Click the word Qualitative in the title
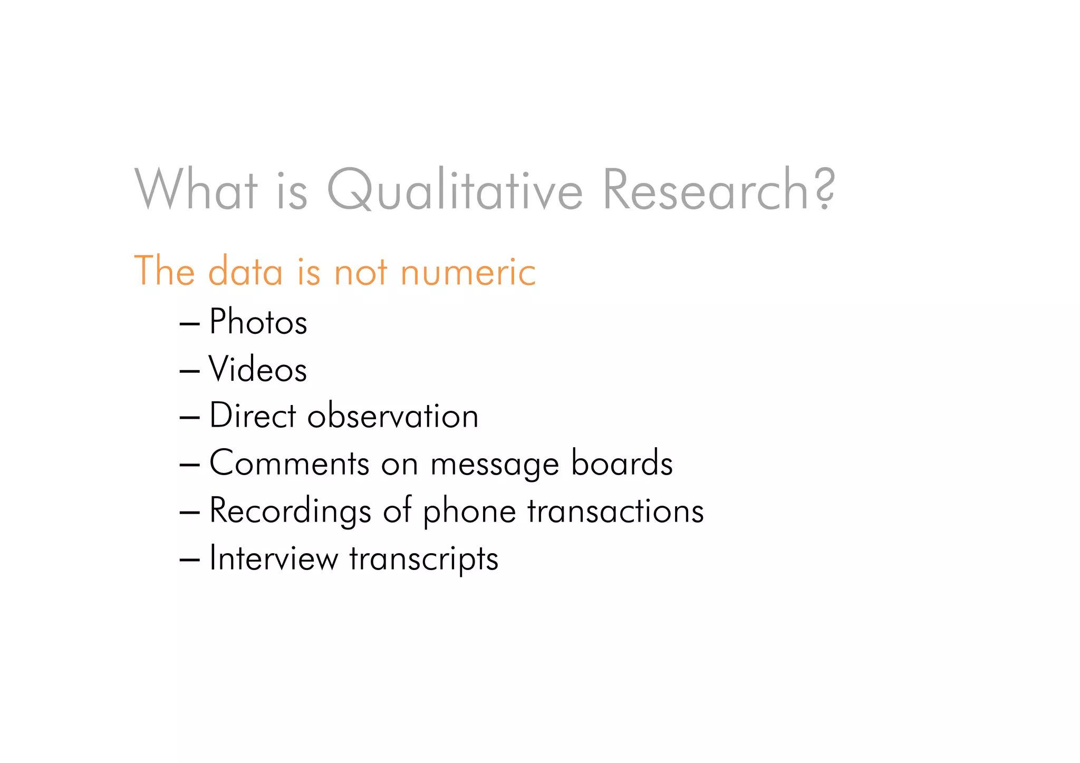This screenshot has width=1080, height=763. tap(455, 190)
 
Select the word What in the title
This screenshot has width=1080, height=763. tap(196, 190)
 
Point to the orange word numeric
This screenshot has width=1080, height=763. tap(468, 272)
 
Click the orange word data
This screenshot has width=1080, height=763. tap(245, 272)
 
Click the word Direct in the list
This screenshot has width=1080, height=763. tap(253, 416)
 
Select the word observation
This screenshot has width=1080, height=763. tap(393, 416)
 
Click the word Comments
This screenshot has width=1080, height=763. tap(289, 463)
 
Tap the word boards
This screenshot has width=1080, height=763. tap(622, 463)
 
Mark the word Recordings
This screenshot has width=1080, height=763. tap(290, 511)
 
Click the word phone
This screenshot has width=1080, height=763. tap(469, 511)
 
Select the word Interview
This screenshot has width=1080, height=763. tap(273, 558)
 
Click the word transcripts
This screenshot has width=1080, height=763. tap(423, 559)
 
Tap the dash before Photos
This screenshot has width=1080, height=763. tap(189, 323)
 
